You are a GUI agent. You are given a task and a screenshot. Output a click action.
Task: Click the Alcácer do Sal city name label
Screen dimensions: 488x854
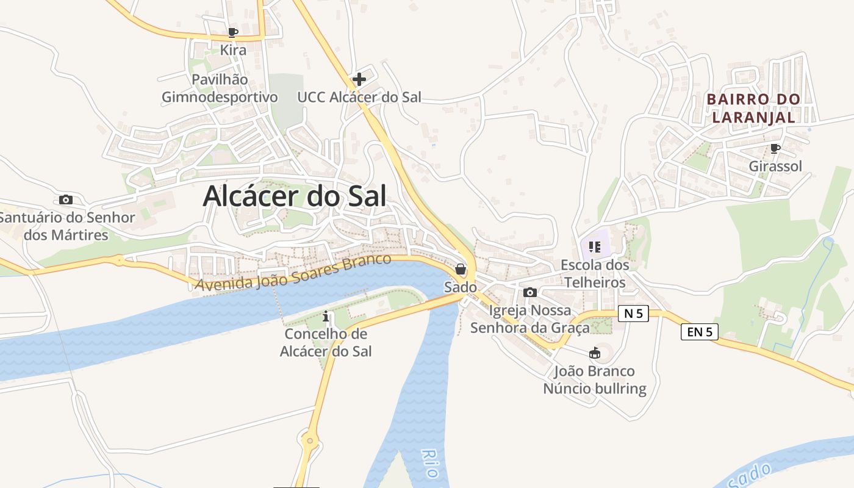[x=295, y=196]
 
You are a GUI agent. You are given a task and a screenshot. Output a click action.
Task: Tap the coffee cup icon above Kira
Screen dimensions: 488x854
[x=232, y=32]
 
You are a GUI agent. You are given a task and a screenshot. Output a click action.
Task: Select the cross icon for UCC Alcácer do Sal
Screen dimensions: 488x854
[x=359, y=79]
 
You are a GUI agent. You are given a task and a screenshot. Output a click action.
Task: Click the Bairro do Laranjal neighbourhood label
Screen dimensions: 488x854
[x=753, y=108]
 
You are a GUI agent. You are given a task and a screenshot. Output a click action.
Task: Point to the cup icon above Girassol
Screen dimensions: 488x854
[x=775, y=148]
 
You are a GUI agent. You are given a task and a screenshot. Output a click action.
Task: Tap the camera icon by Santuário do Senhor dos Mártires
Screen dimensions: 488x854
[x=66, y=199]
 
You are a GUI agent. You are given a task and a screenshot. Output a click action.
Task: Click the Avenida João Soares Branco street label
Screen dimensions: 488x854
[x=293, y=272]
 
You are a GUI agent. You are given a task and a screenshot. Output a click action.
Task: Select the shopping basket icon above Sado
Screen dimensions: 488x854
[x=461, y=269]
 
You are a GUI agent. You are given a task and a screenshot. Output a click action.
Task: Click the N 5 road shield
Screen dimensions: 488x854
[x=633, y=314]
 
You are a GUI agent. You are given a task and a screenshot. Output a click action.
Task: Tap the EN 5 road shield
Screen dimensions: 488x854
[x=699, y=332]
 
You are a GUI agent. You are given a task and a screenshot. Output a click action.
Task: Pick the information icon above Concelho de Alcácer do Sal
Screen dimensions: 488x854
[x=326, y=316]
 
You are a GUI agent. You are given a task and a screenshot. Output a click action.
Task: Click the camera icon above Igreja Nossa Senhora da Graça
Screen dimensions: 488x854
[x=530, y=292]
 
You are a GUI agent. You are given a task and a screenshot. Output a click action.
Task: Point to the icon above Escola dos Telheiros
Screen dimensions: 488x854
[x=595, y=247]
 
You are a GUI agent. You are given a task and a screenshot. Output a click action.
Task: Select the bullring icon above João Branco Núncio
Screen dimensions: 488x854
[x=595, y=353]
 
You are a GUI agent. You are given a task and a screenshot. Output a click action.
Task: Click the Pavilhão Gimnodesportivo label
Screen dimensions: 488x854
[x=220, y=88]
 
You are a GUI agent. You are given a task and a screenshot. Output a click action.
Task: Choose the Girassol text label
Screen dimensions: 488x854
[x=775, y=166]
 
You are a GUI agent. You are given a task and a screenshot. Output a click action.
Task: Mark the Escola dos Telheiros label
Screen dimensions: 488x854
[x=595, y=274]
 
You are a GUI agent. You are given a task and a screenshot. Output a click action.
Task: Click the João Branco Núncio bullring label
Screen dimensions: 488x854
[x=595, y=380]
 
